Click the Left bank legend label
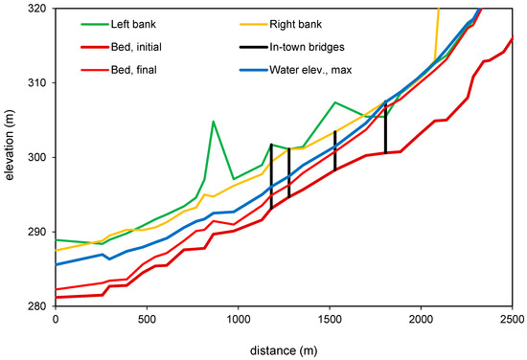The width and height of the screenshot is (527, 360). coord(133,24)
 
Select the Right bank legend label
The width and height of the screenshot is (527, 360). coord(295,24)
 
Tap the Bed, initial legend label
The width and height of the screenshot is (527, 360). coord(136,47)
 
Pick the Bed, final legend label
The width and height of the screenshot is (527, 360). coord(134,70)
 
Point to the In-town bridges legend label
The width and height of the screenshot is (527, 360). coord(307,47)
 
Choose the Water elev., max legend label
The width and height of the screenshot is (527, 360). coord(310,70)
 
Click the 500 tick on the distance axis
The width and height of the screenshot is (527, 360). coord(147,319)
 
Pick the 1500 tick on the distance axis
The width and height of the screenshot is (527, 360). coord(330,319)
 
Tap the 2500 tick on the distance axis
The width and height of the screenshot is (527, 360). coord(512,319)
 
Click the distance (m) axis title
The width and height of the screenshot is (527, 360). coord(284,351)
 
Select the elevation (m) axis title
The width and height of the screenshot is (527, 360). coord(9,146)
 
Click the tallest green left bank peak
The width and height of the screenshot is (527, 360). coord(213,122)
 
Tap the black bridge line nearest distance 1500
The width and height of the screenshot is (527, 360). coord(334,150)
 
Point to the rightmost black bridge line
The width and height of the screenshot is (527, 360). coord(385,127)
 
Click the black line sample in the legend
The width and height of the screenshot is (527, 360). coord(253,47)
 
